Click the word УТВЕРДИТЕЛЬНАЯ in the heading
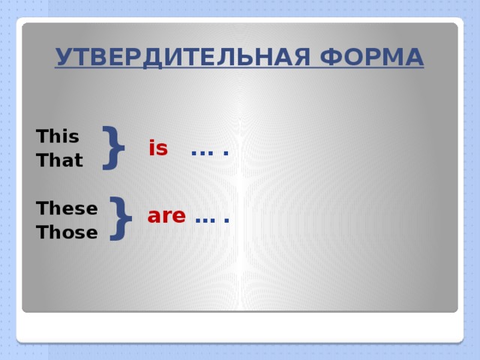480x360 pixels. (x=175, y=57)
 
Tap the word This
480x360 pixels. (x=58, y=136)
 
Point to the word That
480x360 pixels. (x=59, y=160)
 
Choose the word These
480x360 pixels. (x=67, y=208)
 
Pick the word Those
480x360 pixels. (x=67, y=232)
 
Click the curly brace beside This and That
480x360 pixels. (x=113, y=146)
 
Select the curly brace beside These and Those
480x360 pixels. (x=120, y=218)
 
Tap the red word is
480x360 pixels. (x=158, y=148)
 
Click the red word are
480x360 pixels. (x=166, y=216)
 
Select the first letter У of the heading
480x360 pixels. (x=62, y=57)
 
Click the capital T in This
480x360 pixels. (x=42, y=136)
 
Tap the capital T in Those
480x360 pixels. (x=42, y=232)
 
